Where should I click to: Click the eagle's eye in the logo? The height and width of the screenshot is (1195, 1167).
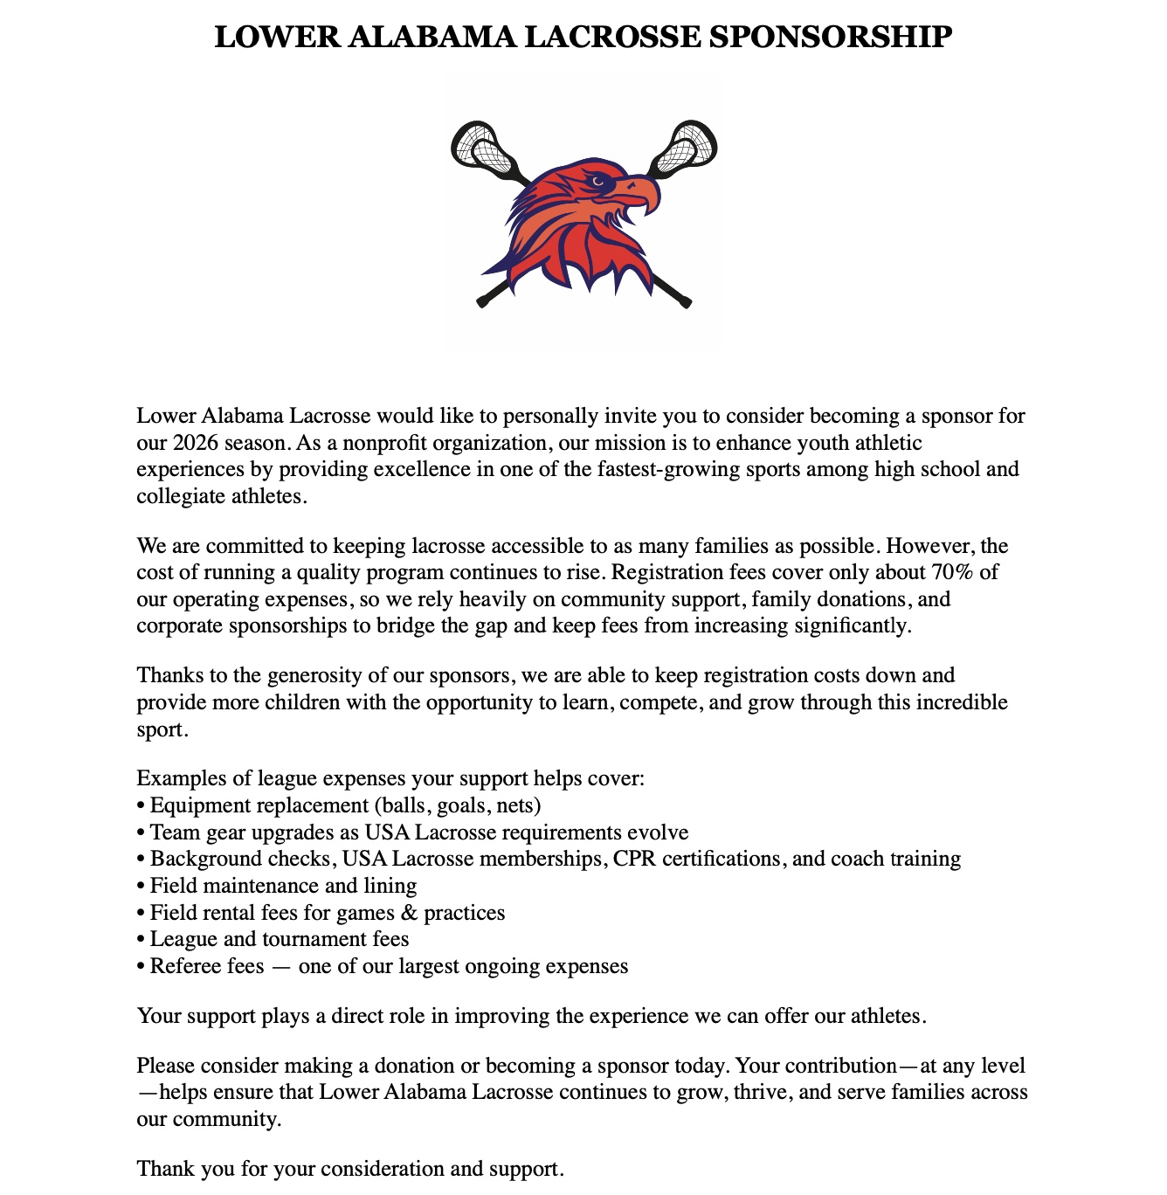click(x=597, y=182)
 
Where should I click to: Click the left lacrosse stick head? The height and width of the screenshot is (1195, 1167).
click(x=481, y=147)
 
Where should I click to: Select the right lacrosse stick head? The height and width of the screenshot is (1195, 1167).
click(x=687, y=147)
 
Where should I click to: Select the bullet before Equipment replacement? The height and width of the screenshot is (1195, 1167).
click(x=141, y=805)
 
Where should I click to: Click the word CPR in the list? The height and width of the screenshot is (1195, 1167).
click(x=635, y=859)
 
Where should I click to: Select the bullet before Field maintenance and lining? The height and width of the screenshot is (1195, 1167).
click(x=141, y=886)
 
